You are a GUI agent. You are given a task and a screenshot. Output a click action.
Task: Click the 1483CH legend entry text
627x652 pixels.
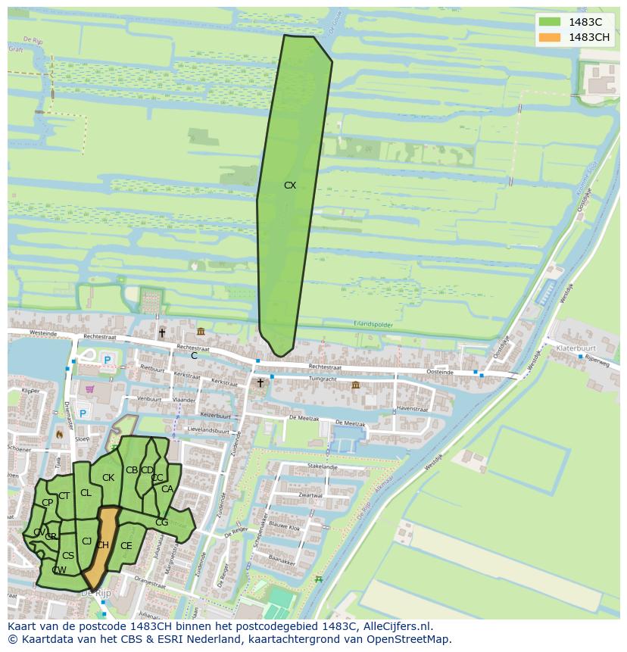point(589,37)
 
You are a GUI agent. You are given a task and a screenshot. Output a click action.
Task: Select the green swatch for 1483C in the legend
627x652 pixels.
point(551,22)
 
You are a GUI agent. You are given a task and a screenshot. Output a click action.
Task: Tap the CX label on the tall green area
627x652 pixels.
point(290,185)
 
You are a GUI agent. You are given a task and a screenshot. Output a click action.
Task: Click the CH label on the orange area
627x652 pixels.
point(103,544)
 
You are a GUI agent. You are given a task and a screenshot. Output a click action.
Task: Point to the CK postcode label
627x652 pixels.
point(108,477)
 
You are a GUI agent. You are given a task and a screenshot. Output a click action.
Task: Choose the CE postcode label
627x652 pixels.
point(126,545)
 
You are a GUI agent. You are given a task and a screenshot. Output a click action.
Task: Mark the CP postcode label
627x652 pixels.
point(47,502)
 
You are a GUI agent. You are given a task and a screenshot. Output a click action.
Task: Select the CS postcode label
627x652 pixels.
point(68,555)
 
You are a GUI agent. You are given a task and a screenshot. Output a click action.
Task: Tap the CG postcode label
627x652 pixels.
point(161,522)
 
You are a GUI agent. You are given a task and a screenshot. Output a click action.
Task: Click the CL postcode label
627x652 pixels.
point(86,492)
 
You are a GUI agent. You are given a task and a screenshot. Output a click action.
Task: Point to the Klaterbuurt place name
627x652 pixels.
point(577,349)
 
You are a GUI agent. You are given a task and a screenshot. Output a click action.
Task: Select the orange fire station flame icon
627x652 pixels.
point(60,435)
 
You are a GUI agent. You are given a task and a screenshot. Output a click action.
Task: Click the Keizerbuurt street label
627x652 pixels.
point(215,416)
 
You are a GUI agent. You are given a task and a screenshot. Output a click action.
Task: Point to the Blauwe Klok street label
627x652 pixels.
point(285,528)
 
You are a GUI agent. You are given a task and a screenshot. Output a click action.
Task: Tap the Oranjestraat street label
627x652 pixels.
point(148,583)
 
